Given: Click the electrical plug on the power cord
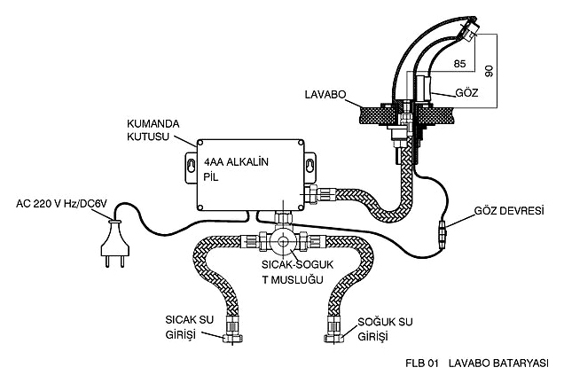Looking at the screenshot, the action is tap(114, 244).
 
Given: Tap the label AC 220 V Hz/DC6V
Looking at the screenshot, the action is tap(61, 204).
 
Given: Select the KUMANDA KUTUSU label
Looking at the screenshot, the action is tap(153, 130).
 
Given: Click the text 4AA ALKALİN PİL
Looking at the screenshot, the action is tap(236, 169).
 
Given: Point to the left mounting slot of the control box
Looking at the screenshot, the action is tap(192, 166).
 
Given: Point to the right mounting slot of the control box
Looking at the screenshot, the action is tap(309, 166).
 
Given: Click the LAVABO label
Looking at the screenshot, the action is tap(325, 95).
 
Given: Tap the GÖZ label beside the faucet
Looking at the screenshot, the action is tap(466, 93).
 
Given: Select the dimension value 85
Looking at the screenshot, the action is tap(459, 64).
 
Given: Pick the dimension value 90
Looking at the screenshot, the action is tap(489, 71).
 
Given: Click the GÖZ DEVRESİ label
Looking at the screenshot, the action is tap(509, 211).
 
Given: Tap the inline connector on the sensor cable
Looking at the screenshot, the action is tap(443, 233).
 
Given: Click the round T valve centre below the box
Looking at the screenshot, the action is tap(283, 242).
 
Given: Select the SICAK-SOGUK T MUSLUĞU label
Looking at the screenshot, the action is tap(297, 272).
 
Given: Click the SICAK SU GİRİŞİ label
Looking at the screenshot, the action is tap(189, 327).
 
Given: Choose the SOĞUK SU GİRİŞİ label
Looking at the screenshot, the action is tap(385, 329).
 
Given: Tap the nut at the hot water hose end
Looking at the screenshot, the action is tap(232, 338).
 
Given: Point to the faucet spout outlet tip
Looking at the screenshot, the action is tap(468, 29).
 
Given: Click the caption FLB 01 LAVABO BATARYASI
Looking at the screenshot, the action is tap(477, 363).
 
